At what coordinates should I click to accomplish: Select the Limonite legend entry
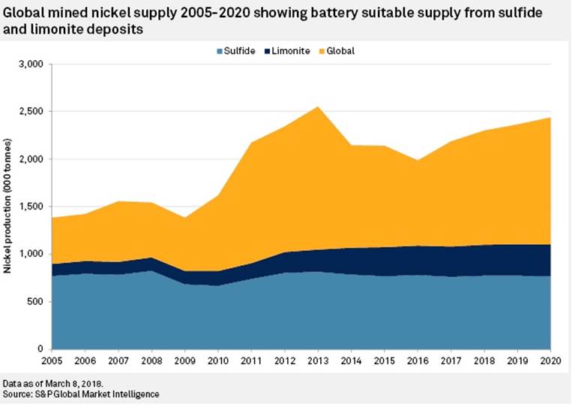coord(293,51)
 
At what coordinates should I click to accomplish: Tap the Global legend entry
coord(342,51)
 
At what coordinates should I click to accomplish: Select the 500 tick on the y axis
coord(39,302)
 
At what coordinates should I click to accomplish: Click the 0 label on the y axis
coord(43,349)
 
